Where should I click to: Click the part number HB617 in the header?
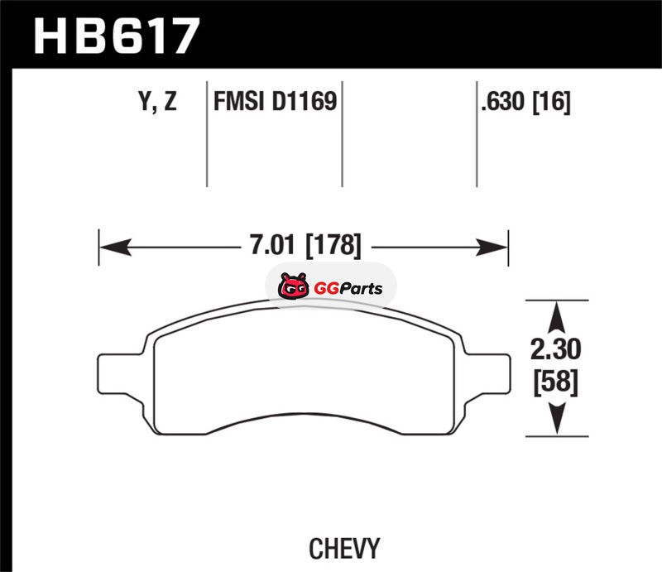click(117, 36)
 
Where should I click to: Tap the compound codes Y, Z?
click(157, 102)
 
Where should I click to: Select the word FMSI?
click(238, 101)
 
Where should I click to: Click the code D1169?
click(305, 101)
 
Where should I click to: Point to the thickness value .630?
click(502, 101)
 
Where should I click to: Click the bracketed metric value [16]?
click(551, 102)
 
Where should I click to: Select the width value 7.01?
click(272, 244)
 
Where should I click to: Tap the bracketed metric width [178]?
click(333, 245)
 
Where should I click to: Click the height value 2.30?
click(555, 349)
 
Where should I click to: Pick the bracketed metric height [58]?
click(555, 382)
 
